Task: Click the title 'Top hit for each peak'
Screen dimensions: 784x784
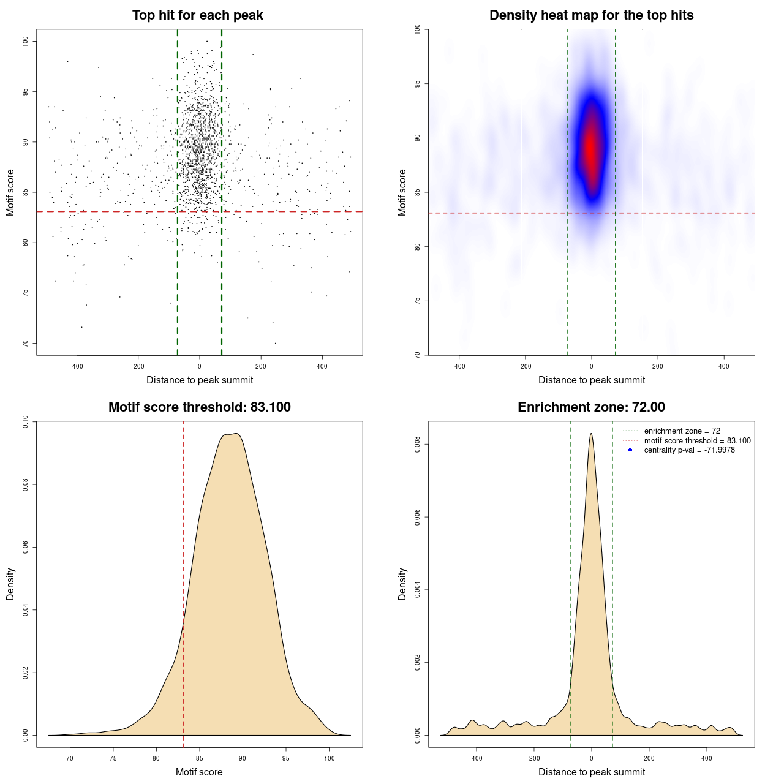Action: pos(197,15)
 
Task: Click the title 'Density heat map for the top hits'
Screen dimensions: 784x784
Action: pos(591,15)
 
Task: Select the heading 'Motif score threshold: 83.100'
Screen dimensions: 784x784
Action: pos(199,407)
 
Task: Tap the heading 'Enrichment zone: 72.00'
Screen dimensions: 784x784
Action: pos(591,407)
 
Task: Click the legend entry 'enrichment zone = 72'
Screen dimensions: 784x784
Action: pos(682,431)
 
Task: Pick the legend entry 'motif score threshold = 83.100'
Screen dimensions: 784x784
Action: pos(697,440)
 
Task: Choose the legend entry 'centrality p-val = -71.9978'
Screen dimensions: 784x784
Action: pos(689,450)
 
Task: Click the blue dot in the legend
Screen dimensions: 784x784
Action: pos(630,450)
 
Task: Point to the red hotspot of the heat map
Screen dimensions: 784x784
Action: pos(590,147)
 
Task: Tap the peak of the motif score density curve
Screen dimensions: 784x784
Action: pos(236,434)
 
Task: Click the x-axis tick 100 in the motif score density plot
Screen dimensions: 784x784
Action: pos(329,758)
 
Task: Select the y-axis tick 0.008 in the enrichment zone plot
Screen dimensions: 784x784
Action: pos(418,445)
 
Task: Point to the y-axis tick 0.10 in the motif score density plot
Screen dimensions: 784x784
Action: pos(25,421)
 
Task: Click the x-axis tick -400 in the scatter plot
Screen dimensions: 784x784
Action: pos(77,366)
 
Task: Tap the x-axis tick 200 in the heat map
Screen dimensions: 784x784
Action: pos(657,366)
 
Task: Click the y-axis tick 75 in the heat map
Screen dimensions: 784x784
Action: pos(418,301)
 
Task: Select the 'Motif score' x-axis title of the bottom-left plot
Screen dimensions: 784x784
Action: pos(199,772)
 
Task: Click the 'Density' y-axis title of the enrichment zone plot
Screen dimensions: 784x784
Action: pos(402,584)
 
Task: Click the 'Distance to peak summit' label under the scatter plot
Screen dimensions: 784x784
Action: pos(200,380)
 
